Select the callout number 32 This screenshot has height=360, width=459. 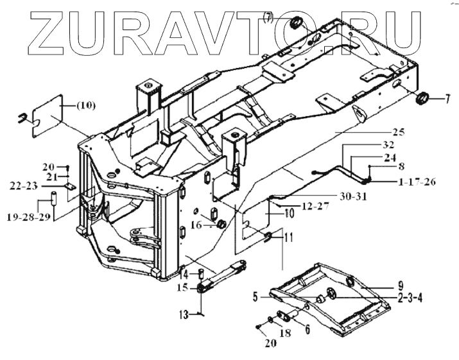click(x=388, y=144)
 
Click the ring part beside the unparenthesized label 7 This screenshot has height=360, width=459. click(x=422, y=99)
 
